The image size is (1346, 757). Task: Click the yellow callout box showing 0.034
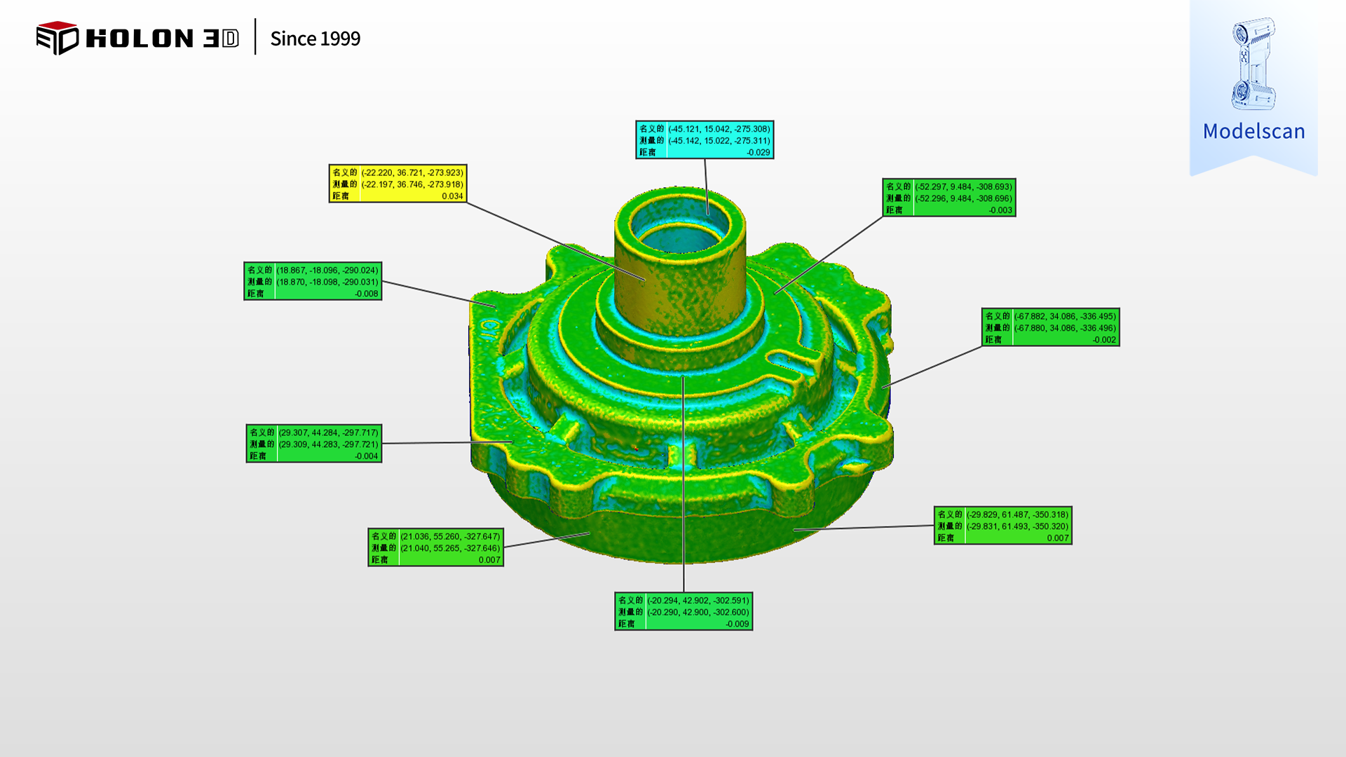coord(397,184)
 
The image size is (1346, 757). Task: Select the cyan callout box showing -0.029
coord(705,140)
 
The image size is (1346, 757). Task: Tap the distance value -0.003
coord(1000,210)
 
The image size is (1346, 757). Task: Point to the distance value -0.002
coord(1104,340)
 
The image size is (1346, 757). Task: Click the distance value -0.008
coord(366,294)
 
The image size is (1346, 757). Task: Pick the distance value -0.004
coord(366,456)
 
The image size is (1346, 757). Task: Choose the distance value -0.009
coord(737,624)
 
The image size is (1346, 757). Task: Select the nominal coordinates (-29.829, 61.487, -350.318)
coord(1017,514)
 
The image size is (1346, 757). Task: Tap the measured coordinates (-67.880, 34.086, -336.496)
coord(1065,328)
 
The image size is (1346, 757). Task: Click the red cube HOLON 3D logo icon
coord(57,38)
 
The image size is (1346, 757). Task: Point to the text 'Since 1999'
coord(315,39)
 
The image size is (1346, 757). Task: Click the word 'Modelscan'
coord(1253,131)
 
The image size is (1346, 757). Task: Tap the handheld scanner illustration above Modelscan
coord(1253,63)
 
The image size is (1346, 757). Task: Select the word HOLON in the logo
coord(140,39)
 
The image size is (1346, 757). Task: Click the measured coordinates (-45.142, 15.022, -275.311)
coord(719,141)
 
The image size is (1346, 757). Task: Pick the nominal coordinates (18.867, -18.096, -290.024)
coord(327,270)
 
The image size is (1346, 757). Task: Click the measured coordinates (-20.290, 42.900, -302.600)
coord(698,612)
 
